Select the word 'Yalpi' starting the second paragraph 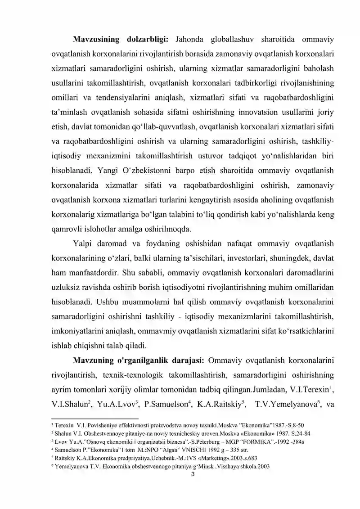pos(82,244)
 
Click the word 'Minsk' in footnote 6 pos(205,466)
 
